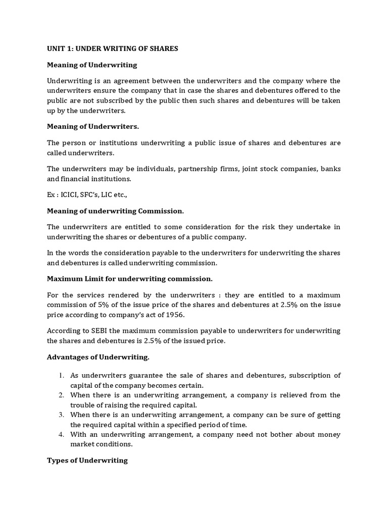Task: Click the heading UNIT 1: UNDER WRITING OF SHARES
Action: pyautogui.click(x=112, y=48)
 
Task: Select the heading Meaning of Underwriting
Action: pyautogui.click(x=92, y=65)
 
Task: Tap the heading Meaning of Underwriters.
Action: pyautogui.click(x=92, y=126)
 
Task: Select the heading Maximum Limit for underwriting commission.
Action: pyautogui.click(x=130, y=278)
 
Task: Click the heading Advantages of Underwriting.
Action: pyautogui.click(x=98, y=357)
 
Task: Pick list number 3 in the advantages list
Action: pyautogui.click(x=60, y=415)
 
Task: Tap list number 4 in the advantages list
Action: pyautogui.click(x=60, y=434)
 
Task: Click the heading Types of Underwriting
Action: pyautogui.click(x=87, y=460)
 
